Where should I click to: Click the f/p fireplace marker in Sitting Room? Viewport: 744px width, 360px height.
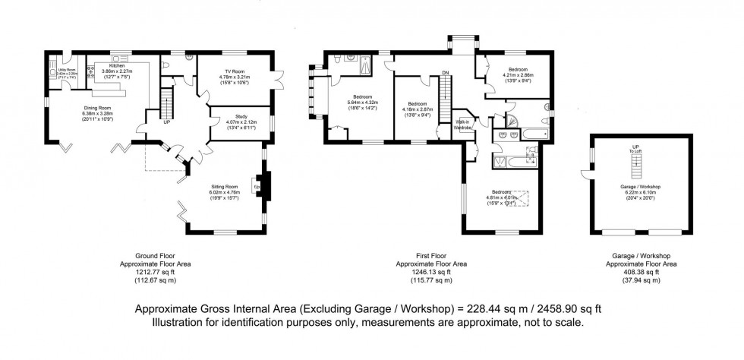pos(257,185)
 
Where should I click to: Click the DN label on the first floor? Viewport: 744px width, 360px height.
pos(446,74)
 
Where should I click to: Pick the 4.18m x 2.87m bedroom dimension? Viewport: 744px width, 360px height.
pos(417,109)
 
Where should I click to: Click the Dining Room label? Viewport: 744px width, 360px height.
pos(97,107)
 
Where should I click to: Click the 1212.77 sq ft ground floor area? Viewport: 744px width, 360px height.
pos(156,271)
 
